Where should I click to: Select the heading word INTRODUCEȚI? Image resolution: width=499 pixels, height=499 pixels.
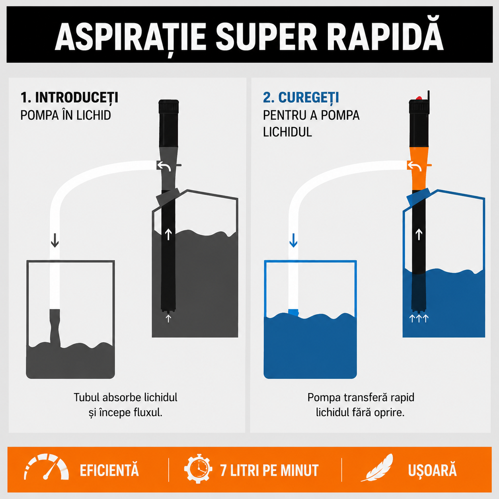pos(76,98)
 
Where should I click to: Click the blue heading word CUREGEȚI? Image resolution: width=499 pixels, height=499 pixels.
pos(308,98)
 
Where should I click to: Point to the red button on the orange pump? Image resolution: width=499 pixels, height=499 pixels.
pos(419,98)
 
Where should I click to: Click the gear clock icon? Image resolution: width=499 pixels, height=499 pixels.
pos(198,469)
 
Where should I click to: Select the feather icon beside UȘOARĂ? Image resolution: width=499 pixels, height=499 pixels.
pos(377,468)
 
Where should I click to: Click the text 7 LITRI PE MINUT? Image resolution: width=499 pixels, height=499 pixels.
pos(269,470)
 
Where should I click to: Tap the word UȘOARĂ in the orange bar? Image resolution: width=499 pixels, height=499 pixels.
pos(432,470)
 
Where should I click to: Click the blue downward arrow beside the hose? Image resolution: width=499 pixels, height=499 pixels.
pos(293,240)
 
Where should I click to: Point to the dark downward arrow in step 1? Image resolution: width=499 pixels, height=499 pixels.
pos(55,240)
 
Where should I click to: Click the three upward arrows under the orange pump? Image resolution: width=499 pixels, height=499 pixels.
pos(419,318)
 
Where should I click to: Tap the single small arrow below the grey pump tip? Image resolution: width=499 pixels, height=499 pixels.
pos(168,318)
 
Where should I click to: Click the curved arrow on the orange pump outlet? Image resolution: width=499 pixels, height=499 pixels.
pos(414,166)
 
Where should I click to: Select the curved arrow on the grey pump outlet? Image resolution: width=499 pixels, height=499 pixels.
pos(164,166)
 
